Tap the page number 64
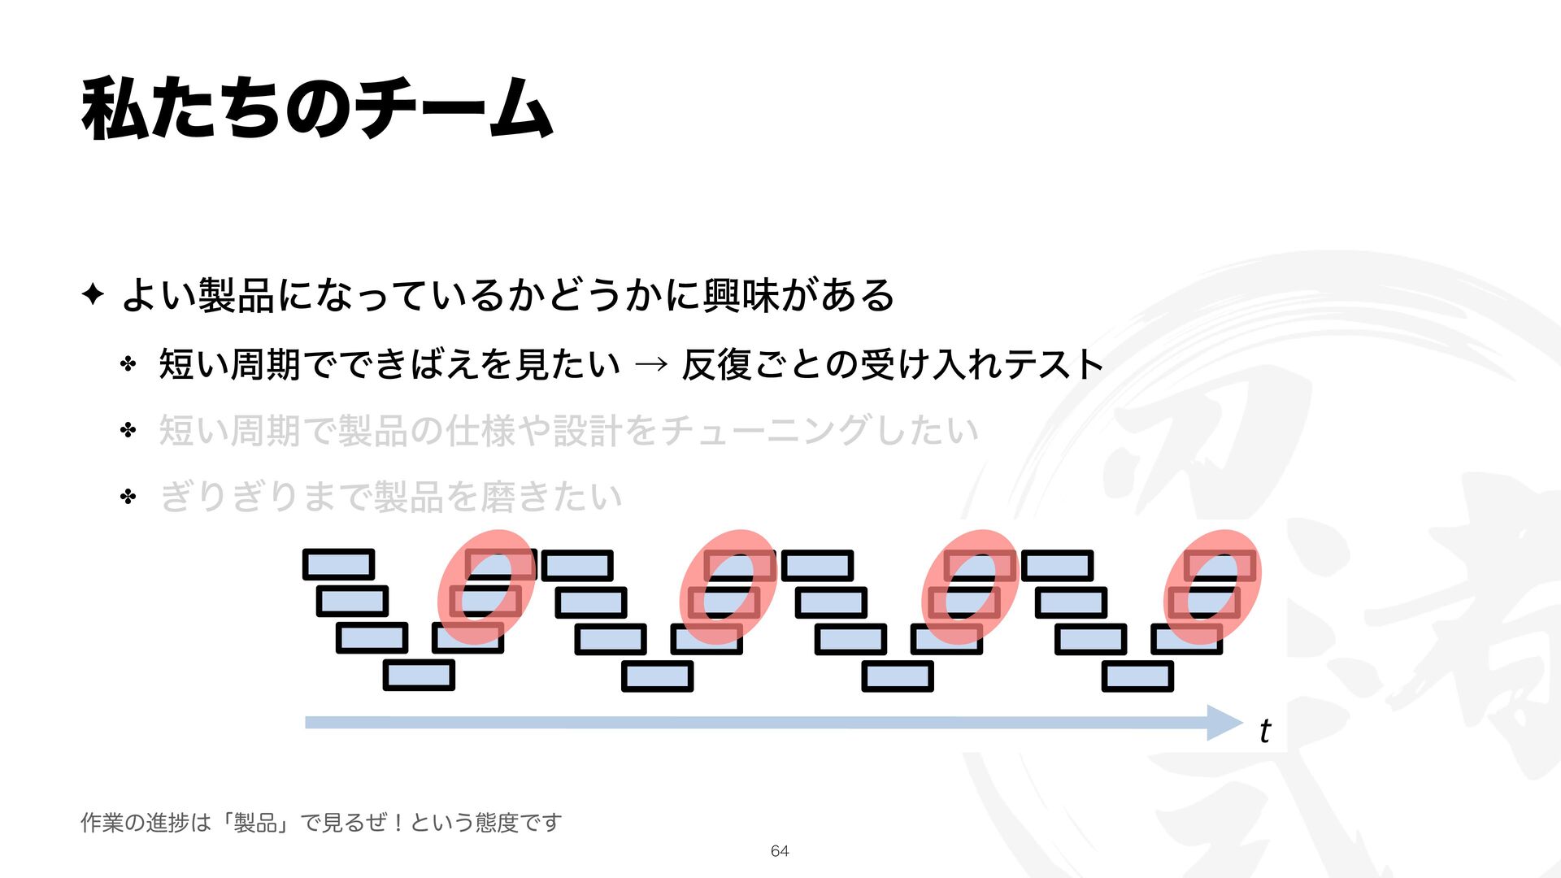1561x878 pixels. [780, 850]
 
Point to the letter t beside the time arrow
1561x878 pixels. [1264, 731]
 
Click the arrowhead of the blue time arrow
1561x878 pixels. [1225, 723]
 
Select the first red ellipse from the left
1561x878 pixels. [487, 587]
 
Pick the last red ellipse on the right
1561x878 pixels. [1213, 587]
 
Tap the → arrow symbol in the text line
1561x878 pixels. [650, 364]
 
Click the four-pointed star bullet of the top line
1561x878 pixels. [93, 294]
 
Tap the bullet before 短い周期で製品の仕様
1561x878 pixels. [128, 430]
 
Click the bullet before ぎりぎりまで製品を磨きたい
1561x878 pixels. [128, 496]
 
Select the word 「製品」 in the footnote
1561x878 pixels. [256, 823]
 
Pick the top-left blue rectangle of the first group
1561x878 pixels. [338, 564]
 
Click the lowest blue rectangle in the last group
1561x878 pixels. [1137, 676]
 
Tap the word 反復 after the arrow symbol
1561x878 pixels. [717, 364]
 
